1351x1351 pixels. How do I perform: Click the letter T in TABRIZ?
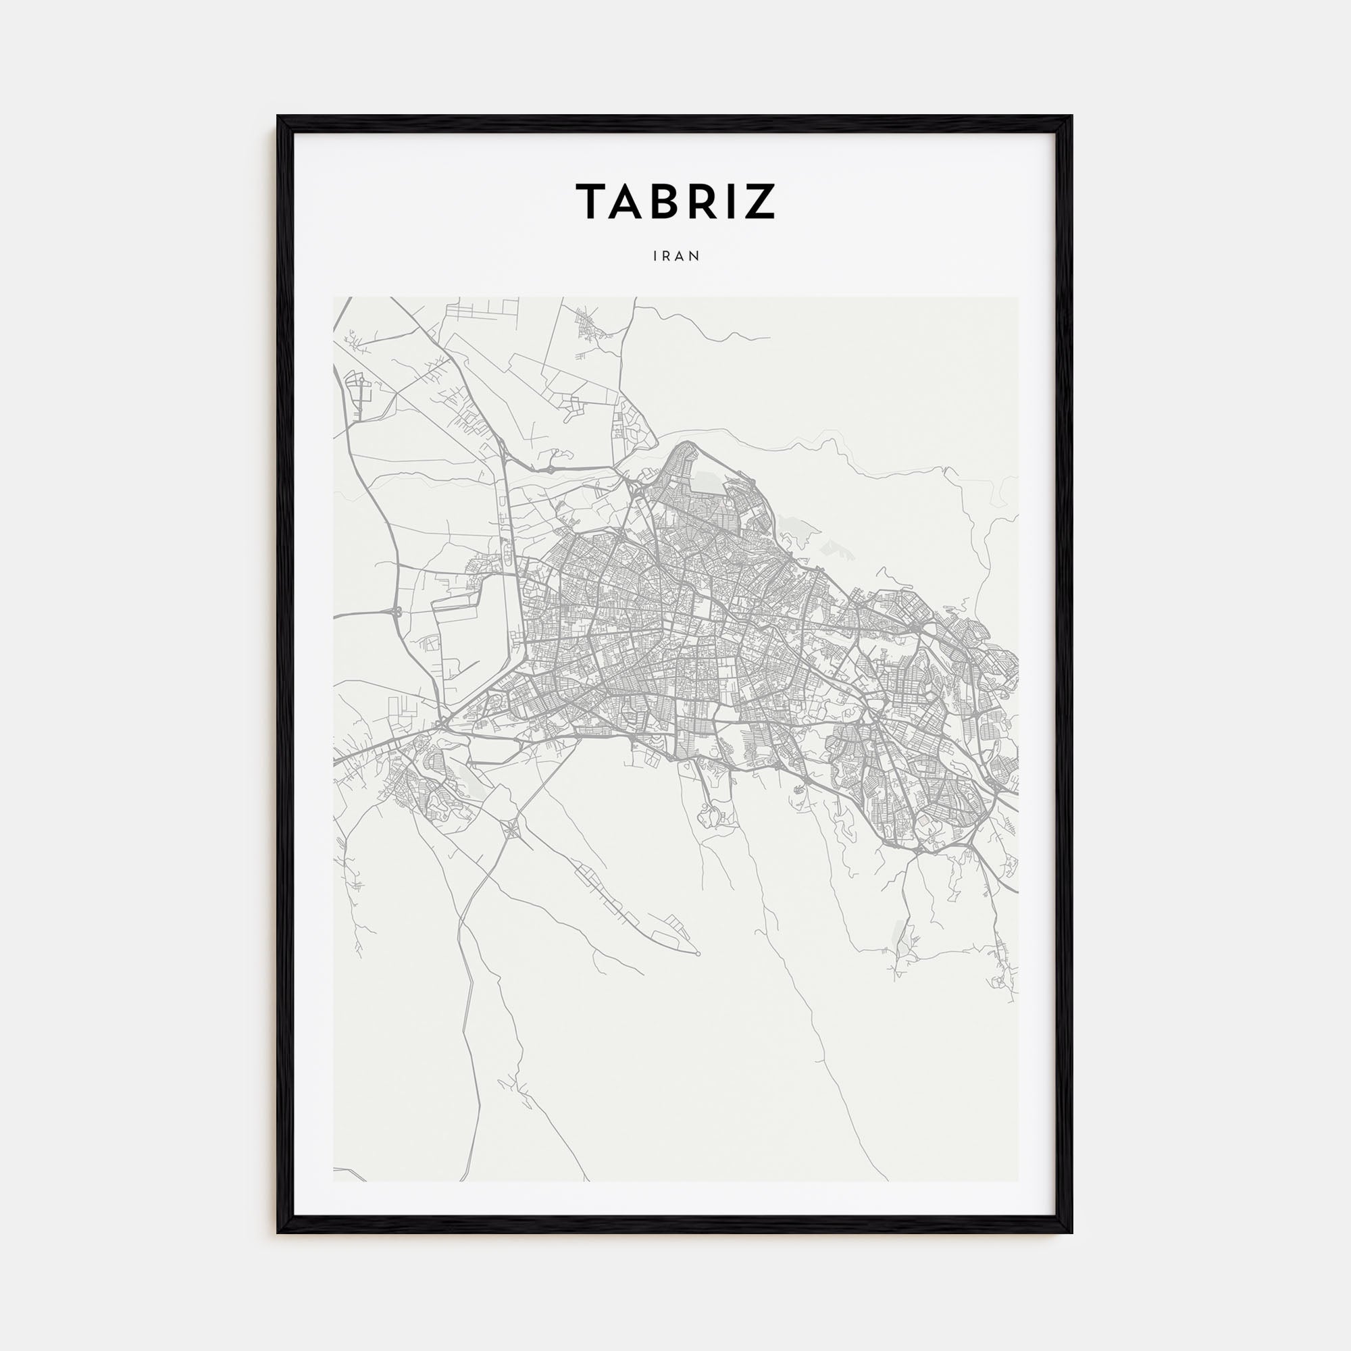[x=592, y=201]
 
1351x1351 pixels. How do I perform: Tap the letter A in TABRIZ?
[x=632, y=201]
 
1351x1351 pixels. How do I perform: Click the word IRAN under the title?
[x=676, y=256]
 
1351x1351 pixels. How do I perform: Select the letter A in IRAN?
[x=682, y=256]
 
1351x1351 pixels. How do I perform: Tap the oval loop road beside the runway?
[x=505, y=559]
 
